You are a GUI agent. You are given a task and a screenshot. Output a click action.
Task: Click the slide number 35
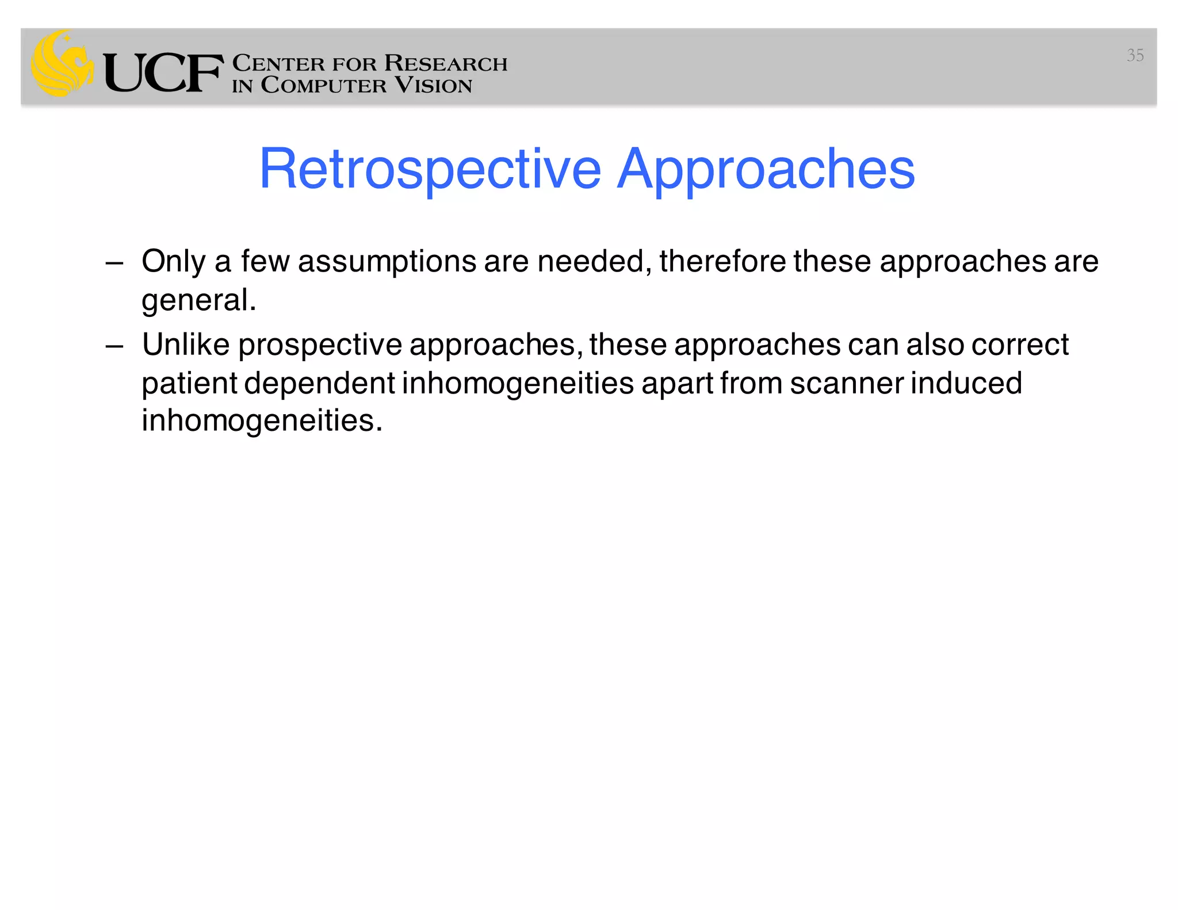[x=1134, y=55]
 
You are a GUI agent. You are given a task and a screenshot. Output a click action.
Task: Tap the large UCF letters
[x=163, y=73]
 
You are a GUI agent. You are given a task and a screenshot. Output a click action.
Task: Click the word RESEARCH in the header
[x=446, y=63]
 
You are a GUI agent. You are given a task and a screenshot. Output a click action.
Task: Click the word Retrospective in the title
[x=430, y=169]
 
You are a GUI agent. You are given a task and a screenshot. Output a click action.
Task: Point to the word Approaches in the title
[x=766, y=169]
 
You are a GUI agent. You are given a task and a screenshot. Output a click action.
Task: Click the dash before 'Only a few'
[x=114, y=263]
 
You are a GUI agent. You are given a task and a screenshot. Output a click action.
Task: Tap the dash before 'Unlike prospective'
[x=114, y=346]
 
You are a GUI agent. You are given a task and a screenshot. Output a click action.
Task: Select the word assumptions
[x=387, y=262]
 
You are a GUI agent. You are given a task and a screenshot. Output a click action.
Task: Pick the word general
[x=198, y=300]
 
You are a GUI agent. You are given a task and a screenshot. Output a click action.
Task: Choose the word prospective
[x=320, y=346]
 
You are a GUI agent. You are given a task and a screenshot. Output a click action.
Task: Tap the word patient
[x=189, y=384]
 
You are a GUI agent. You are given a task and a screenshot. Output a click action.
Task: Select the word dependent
[x=319, y=384]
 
